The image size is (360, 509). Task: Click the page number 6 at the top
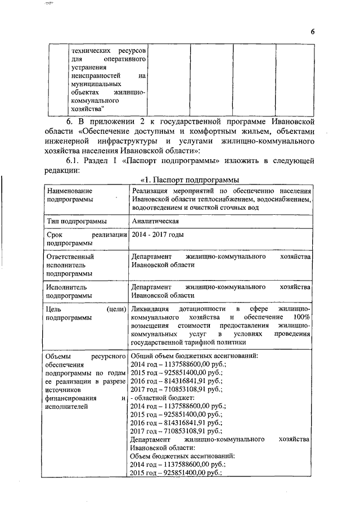coord(312,32)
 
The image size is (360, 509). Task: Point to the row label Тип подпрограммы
coord(77,221)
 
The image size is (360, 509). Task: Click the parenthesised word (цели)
coord(115,309)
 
